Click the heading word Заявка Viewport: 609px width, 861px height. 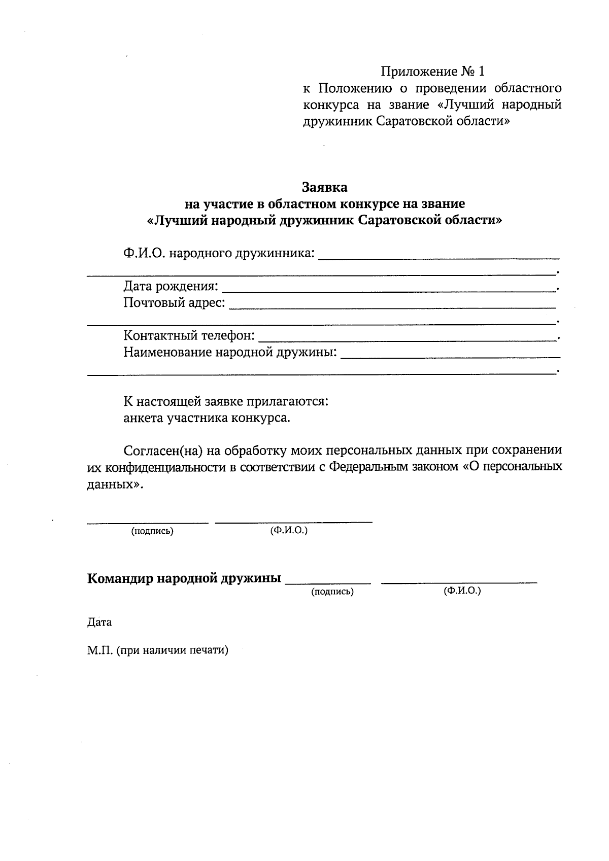tap(325, 187)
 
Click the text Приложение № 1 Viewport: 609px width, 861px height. tap(432, 71)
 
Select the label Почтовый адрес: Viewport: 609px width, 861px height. tap(175, 303)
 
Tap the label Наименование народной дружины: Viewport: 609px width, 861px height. tap(230, 352)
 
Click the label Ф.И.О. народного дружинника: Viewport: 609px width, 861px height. tap(219, 253)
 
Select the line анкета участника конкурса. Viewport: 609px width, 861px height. tap(207, 419)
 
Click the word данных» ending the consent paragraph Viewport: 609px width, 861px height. tap(115, 484)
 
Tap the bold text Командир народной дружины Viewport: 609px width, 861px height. tap(184, 578)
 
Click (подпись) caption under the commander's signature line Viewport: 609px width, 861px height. tap(332, 592)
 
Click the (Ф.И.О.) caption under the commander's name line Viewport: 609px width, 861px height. tap(462, 591)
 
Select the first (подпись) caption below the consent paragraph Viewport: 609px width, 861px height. tap(152, 531)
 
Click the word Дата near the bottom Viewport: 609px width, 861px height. tap(99, 622)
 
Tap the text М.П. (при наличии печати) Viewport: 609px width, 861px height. tap(158, 650)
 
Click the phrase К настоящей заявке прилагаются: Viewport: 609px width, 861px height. tap(226, 402)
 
